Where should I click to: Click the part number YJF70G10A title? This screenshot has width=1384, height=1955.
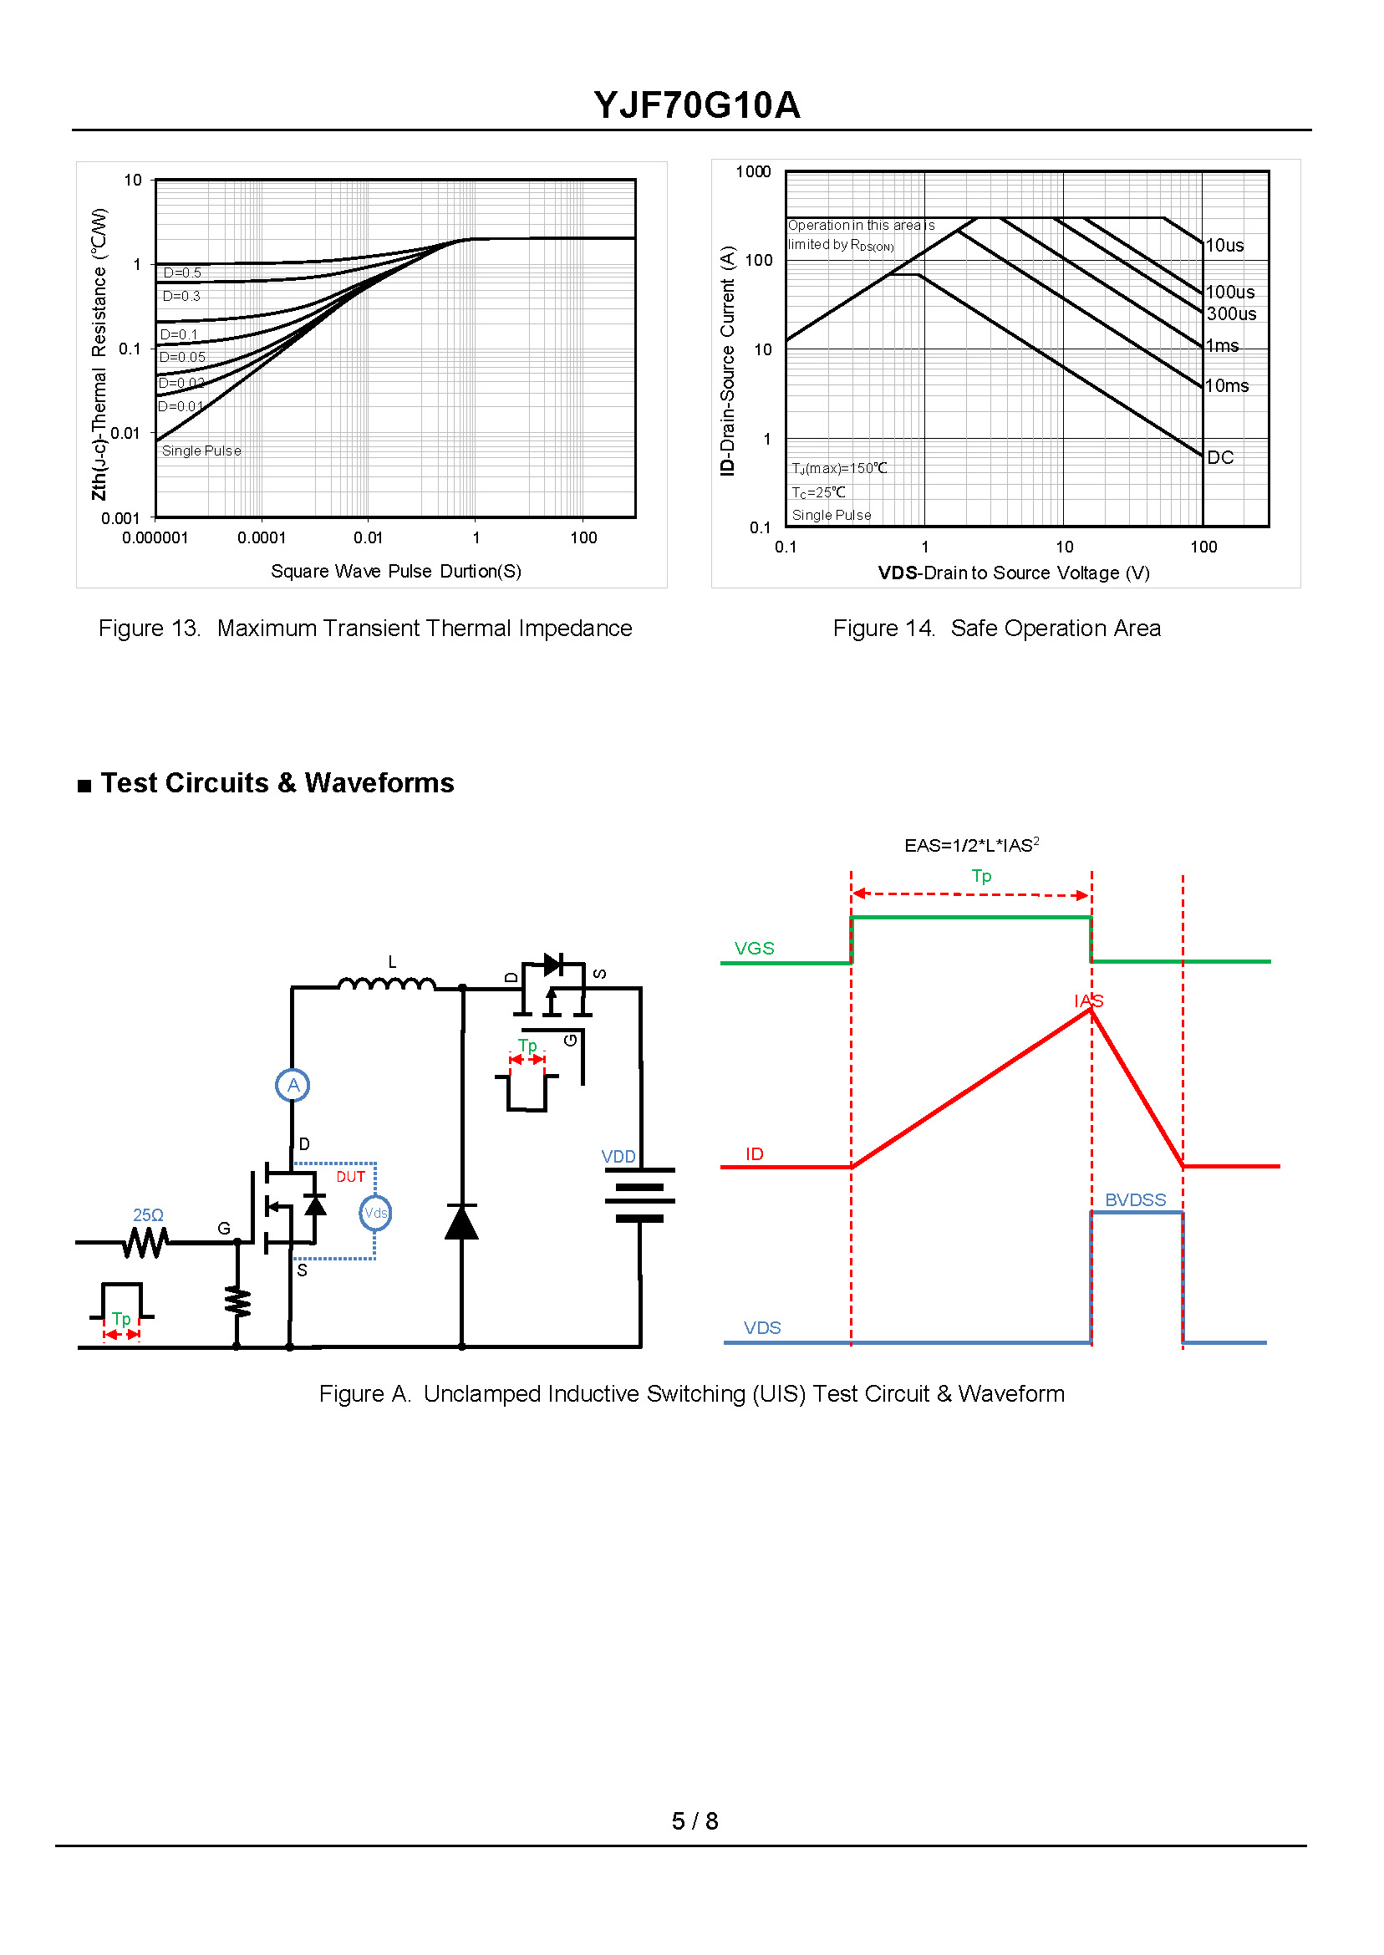click(696, 104)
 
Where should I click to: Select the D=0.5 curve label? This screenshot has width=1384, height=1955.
click(182, 272)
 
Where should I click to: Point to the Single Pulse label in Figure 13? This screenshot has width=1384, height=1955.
click(201, 451)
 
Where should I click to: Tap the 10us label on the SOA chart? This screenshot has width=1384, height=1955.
click(1224, 246)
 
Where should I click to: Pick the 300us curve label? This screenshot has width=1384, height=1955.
click(1231, 313)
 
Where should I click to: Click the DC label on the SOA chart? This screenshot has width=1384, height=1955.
click(1220, 458)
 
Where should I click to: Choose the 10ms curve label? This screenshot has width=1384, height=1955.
click(1227, 386)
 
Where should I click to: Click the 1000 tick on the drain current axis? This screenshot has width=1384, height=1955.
click(753, 172)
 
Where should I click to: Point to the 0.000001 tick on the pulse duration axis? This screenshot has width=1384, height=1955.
click(155, 537)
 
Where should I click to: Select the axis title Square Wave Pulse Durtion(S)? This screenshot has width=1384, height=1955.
click(396, 571)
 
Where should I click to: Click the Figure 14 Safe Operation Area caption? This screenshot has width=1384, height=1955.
click(996, 628)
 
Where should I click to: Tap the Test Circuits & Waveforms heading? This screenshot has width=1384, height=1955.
click(277, 782)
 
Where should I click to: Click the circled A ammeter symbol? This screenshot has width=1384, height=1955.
click(293, 1085)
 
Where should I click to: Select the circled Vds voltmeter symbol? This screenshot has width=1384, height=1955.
click(375, 1213)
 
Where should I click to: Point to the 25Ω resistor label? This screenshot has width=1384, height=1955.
click(148, 1215)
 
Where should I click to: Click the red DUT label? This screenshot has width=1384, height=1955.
click(350, 1177)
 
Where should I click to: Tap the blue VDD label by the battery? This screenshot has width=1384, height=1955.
click(618, 1157)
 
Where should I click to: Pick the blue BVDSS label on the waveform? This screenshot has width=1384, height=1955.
click(1135, 1200)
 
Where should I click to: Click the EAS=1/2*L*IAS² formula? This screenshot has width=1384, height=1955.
click(971, 844)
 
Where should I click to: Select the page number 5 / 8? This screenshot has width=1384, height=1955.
click(695, 1821)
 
